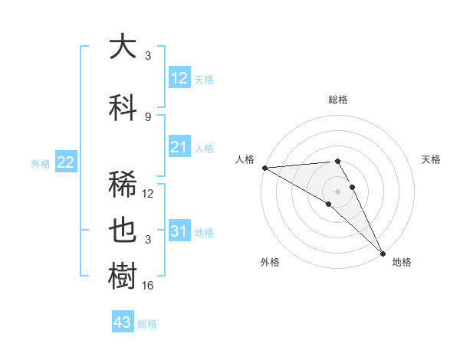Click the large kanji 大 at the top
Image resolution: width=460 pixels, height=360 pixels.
click(123, 47)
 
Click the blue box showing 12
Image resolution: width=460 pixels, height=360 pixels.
click(179, 78)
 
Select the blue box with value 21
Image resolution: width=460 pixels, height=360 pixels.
click(179, 147)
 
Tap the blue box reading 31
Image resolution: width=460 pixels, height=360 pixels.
click(179, 231)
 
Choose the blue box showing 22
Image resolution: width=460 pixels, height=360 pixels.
click(66, 162)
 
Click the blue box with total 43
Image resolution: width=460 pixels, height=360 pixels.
click(123, 322)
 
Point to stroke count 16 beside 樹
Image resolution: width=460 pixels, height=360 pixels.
click(148, 286)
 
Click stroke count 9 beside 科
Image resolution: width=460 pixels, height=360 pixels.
click(148, 116)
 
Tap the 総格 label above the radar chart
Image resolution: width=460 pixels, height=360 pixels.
click(338, 100)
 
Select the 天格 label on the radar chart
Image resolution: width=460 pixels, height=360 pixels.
click(431, 159)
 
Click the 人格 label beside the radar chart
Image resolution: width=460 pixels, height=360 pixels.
click(245, 159)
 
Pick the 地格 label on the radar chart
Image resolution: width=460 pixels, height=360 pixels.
click(402, 262)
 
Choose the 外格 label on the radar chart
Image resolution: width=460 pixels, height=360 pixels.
click(270, 262)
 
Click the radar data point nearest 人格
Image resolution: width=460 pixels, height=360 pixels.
click(264, 168)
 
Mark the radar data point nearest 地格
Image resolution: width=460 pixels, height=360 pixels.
click(383, 253)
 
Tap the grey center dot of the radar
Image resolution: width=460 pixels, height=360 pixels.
click(337, 191)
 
